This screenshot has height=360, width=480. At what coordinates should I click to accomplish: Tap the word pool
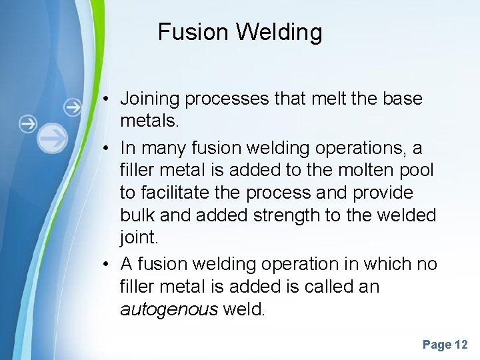tap(417, 169)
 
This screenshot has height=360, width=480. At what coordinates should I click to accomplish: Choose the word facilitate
tap(177, 193)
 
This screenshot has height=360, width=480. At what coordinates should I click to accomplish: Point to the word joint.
tap(141, 239)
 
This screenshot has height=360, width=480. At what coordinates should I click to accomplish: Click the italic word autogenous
tap(169, 309)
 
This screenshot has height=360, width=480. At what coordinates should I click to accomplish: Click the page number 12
tap(461, 345)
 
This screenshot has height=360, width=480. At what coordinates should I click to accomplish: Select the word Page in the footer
tap(437, 345)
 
